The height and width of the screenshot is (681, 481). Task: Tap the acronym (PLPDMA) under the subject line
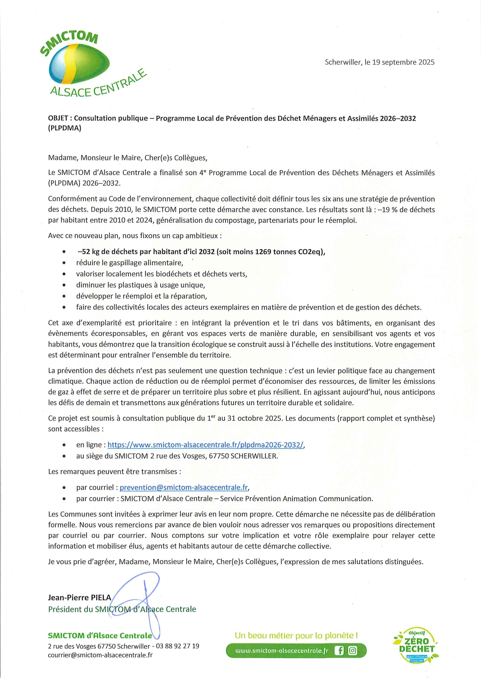(64, 128)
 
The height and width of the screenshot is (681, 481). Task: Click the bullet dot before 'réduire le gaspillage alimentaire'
(64, 263)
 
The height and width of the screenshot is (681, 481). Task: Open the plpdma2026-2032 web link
(206, 445)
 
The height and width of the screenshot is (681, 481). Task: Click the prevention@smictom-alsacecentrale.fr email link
(183, 487)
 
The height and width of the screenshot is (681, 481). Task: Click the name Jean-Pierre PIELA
(80, 598)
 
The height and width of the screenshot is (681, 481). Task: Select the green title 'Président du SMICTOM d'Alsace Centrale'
(122, 609)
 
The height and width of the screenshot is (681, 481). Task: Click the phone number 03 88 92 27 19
(178, 646)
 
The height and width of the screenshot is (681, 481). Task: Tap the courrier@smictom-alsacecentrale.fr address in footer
(100, 655)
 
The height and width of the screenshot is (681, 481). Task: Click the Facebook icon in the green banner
(339, 651)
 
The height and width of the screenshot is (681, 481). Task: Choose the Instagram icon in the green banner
(353, 651)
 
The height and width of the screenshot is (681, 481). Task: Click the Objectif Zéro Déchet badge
(417, 646)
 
